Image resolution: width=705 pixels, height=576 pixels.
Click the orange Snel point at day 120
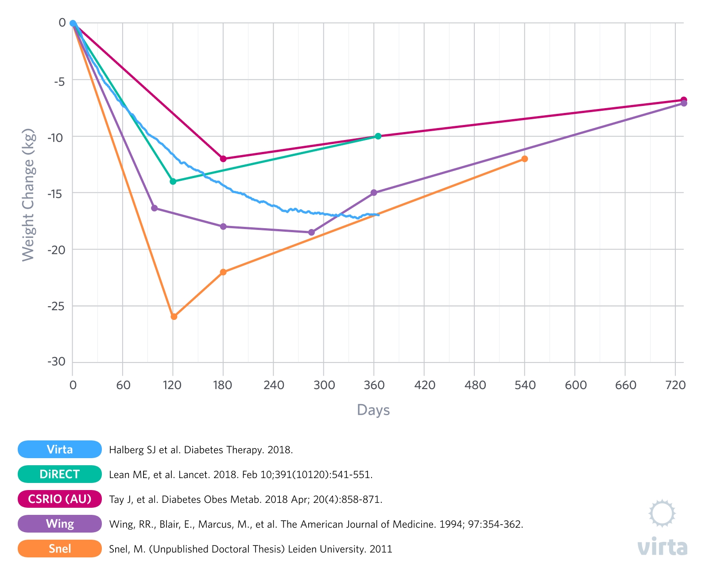pyautogui.click(x=174, y=316)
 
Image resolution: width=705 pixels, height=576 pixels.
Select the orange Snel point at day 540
pyautogui.click(x=525, y=159)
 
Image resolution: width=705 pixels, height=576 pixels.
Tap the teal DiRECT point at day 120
pyautogui.click(x=173, y=181)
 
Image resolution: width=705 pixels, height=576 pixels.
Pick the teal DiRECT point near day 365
pyautogui.click(x=378, y=136)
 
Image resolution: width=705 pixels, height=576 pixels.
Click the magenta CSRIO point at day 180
pyautogui.click(x=223, y=159)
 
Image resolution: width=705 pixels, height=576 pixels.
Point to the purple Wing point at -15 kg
pyautogui.click(x=374, y=192)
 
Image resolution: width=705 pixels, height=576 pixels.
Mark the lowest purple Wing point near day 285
pyautogui.click(x=311, y=232)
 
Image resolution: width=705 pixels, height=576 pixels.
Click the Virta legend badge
pyautogui.click(x=60, y=449)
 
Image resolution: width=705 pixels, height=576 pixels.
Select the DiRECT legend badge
pyautogui.click(x=60, y=474)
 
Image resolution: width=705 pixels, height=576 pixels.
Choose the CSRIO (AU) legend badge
pyautogui.click(x=60, y=499)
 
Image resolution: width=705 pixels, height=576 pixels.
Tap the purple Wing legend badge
pyautogui.click(x=60, y=524)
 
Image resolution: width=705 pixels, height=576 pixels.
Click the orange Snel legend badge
pyautogui.click(x=60, y=549)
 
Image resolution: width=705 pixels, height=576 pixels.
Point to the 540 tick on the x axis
pyautogui.click(x=525, y=385)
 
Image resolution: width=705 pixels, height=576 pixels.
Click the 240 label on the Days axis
pyautogui.click(x=274, y=385)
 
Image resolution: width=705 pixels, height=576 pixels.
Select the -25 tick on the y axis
pyautogui.click(x=56, y=306)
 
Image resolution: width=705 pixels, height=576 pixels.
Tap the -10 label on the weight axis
pyautogui.click(x=56, y=137)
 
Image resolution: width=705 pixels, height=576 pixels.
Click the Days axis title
pyautogui.click(x=373, y=410)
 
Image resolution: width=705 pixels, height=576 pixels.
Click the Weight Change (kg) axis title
pyautogui.click(x=28, y=195)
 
